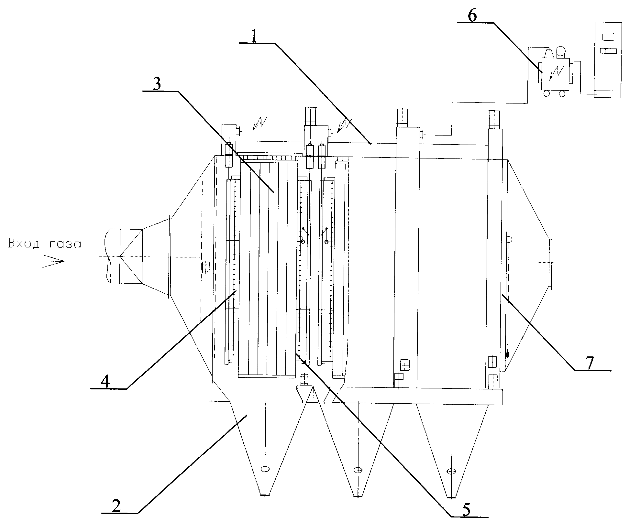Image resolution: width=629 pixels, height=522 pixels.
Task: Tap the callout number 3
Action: [157, 84]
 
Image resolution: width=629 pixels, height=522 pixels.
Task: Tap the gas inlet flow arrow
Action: [41, 261]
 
